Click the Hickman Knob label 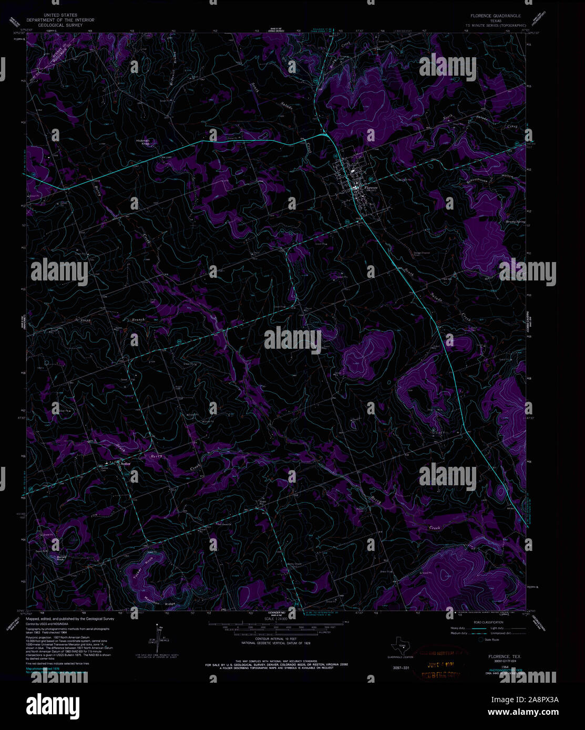tap(143, 142)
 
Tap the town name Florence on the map tap(371, 188)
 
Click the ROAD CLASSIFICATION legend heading tap(488, 623)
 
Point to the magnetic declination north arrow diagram tap(158, 636)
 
